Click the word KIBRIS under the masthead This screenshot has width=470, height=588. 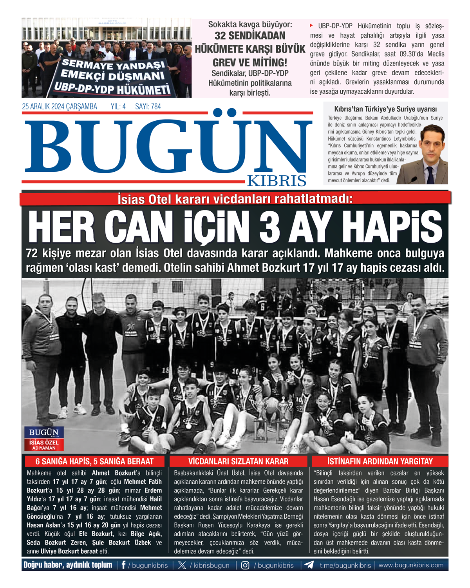pos(277,181)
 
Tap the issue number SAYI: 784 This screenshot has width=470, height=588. pos(148,107)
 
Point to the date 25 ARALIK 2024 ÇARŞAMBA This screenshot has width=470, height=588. pos(60,107)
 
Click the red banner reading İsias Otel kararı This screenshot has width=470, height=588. pos(235,199)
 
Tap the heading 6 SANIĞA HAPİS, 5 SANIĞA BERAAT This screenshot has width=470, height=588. pos(94,461)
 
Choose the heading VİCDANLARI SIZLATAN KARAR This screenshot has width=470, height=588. pos(238,461)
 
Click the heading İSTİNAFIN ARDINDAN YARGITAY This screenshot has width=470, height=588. pos(380,461)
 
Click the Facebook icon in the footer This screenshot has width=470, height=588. pos(123,565)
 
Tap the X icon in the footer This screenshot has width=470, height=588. pos(182,565)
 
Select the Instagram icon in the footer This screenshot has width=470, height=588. pos(245,565)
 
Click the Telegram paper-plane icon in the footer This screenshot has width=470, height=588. pos(309,565)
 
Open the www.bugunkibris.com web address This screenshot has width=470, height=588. pos(411,565)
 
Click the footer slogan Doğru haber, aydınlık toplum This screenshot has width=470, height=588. pos(68,565)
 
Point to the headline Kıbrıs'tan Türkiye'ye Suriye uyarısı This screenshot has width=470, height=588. pos(385,109)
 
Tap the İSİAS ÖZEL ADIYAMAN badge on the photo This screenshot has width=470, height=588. pos(44,445)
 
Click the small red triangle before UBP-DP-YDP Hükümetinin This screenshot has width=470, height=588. pos(312,25)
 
